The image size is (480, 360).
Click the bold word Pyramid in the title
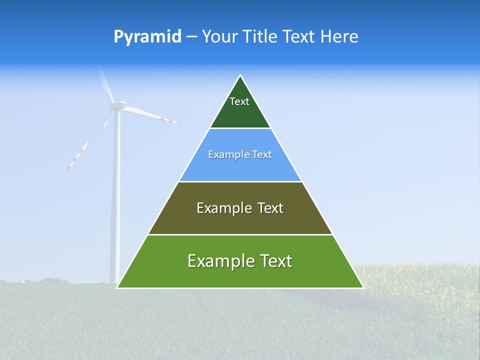[x=147, y=37]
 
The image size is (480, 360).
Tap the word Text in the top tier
[x=239, y=101]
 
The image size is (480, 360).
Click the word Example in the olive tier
[x=223, y=208]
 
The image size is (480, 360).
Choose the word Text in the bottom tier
[x=275, y=261]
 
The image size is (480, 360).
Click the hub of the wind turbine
[x=118, y=105]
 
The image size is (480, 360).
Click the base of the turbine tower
[x=115, y=281]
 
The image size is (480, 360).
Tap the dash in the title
[x=191, y=37]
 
